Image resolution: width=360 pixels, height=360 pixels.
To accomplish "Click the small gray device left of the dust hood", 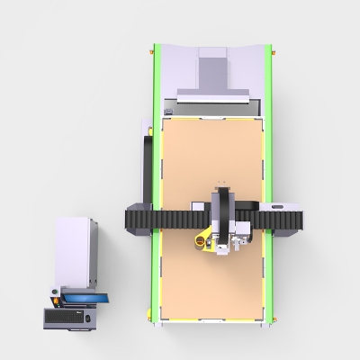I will click(x=168, y=111).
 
